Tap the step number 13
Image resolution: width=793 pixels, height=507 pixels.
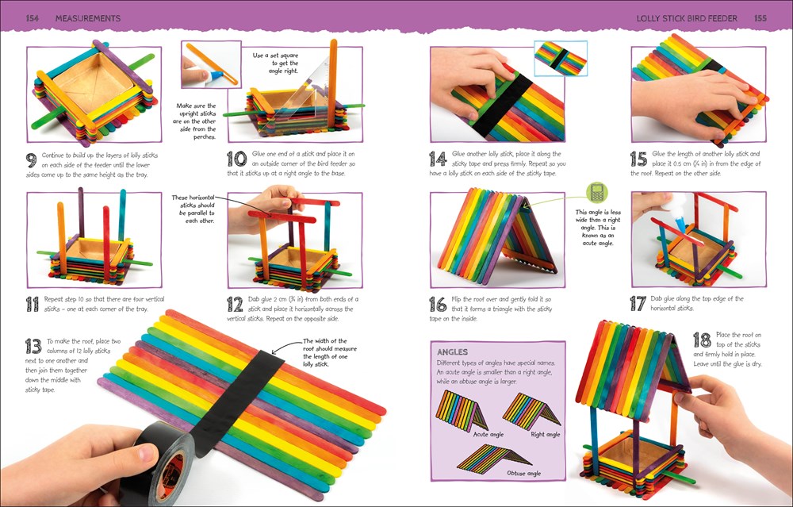click(33, 346)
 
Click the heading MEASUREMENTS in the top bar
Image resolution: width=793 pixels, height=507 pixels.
click(88, 17)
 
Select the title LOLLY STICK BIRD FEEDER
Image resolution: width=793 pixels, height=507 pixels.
click(687, 17)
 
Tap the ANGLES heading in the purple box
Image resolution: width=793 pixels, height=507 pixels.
click(454, 351)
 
